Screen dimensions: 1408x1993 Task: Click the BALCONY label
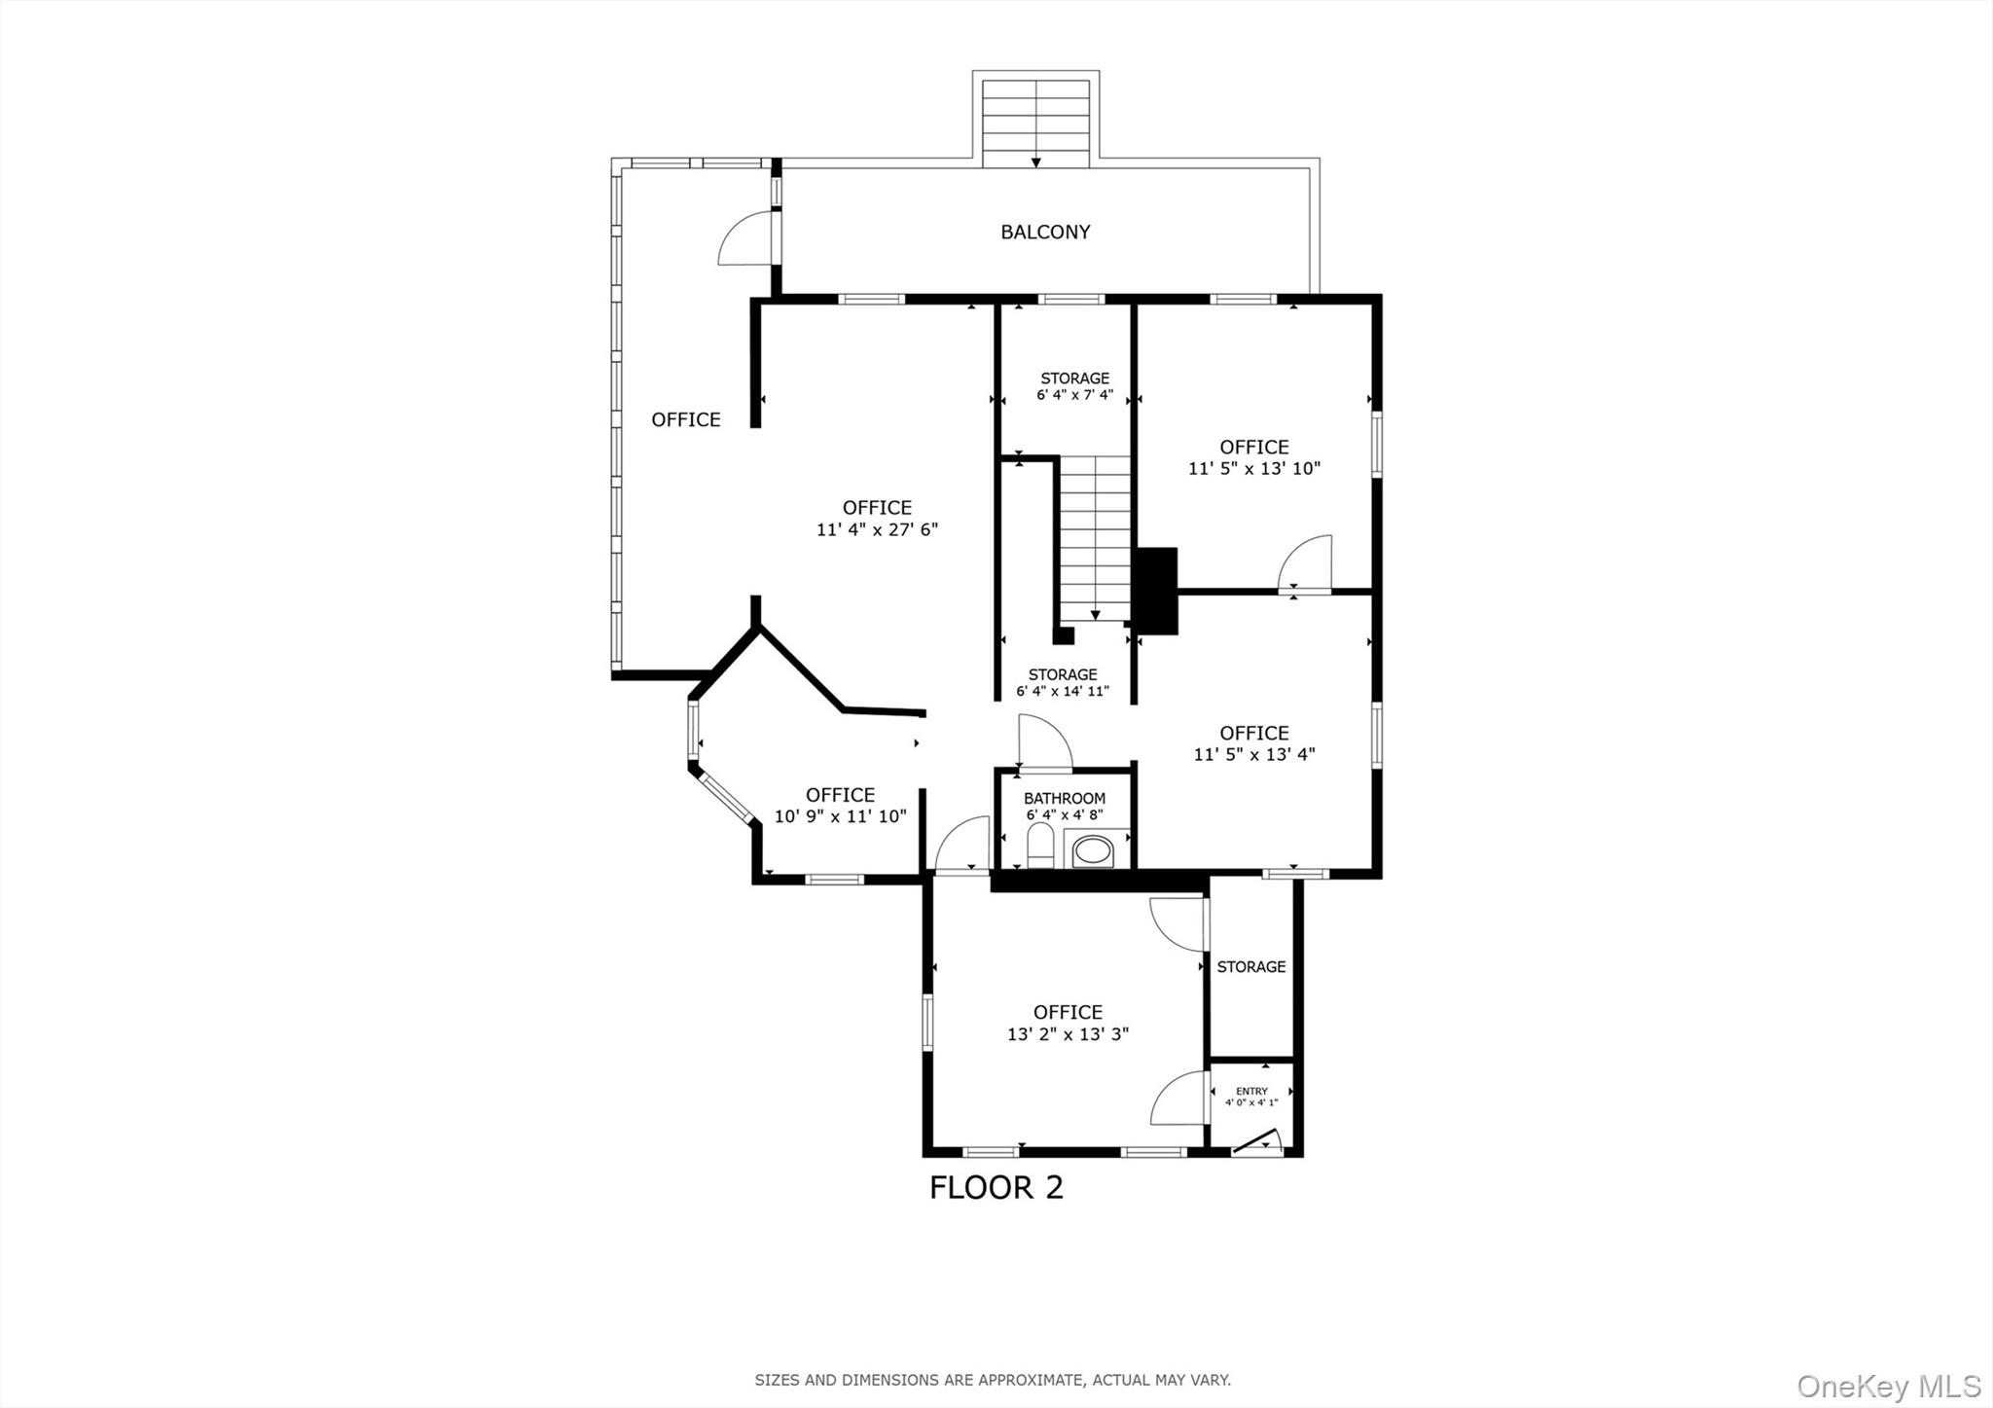tap(1045, 232)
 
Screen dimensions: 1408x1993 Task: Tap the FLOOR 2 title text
tap(996, 1187)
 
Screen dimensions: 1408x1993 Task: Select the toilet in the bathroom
tap(1039, 846)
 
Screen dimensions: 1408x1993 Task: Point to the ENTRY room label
tap(1251, 1091)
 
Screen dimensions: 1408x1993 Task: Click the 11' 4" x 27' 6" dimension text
tap(877, 530)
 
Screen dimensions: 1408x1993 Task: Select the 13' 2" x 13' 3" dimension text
tap(1068, 1034)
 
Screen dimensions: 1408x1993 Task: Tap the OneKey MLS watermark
tap(1888, 1386)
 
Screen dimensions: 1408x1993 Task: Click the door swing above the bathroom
tap(1043, 741)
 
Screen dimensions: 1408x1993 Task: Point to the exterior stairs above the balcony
tap(1035, 123)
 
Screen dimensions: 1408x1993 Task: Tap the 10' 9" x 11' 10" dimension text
tap(840, 816)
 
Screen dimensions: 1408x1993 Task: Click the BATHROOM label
tap(1064, 798)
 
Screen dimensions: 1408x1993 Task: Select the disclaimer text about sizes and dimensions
tap(993, 1380)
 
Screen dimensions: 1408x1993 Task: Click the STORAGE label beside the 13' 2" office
tap(1250, 966)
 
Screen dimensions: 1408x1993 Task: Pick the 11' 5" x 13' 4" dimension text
tap(1253, 754)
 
